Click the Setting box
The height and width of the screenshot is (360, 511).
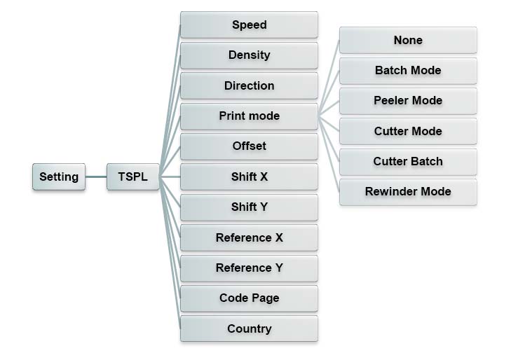coord(59,176)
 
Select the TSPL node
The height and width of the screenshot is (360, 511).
coord(133,176)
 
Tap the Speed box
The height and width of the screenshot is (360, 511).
coord(249,25)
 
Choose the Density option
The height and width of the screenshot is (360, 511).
coord(249,55)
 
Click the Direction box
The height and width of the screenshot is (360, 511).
coord(249,85)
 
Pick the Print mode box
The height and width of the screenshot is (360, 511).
coord(249,116)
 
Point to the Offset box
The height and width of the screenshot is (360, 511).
coord(249,146)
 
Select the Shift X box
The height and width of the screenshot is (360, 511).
coord(249,176)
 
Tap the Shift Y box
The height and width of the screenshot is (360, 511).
coord(249,207)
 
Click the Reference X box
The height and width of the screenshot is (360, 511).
coord(249,237)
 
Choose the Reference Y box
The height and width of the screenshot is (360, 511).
coord(249,268)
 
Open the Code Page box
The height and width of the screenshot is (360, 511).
coord(249,298)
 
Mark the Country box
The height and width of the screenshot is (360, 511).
coord(249,328)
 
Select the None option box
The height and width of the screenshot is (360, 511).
coord(408,40)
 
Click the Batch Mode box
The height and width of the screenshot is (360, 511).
coord(408,71)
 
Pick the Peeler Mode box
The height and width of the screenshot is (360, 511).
coord(408,101)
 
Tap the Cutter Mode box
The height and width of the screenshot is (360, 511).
coord(408,131)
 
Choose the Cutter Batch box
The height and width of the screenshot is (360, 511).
coord(408,162)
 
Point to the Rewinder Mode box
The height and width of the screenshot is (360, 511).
coord(408,192)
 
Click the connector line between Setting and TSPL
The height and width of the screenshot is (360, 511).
coord(97,176)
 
